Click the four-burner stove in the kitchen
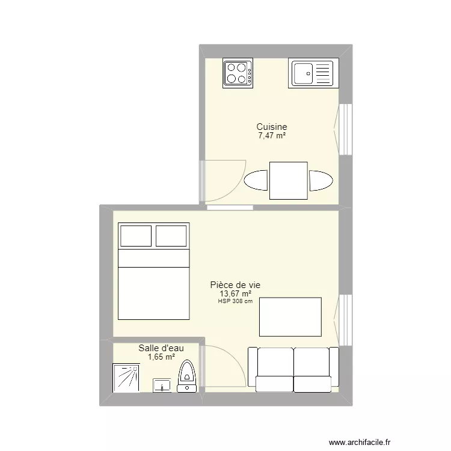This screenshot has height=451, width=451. (x=238, y=73)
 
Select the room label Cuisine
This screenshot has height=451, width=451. (x=272, y=127)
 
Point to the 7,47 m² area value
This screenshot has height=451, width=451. (x=272, y=136)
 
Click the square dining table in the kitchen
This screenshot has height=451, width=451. (x=289, y=180)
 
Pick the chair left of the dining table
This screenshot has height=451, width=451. (x=256, y=180)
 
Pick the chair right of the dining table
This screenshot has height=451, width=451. (x=321, y=180)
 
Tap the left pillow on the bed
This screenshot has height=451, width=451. (x=137, y=235)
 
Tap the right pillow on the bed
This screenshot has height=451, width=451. (x=171, y=235)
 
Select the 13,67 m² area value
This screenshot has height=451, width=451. (x=235, y=294)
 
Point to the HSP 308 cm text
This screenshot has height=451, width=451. (x=235, y=301)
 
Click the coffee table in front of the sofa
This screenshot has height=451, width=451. (x=290, y=316)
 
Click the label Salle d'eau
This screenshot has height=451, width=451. (x=161, y=348)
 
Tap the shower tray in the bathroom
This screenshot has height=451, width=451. (x=126, y=378)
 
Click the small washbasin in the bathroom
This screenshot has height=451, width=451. (x=162, y=385)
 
